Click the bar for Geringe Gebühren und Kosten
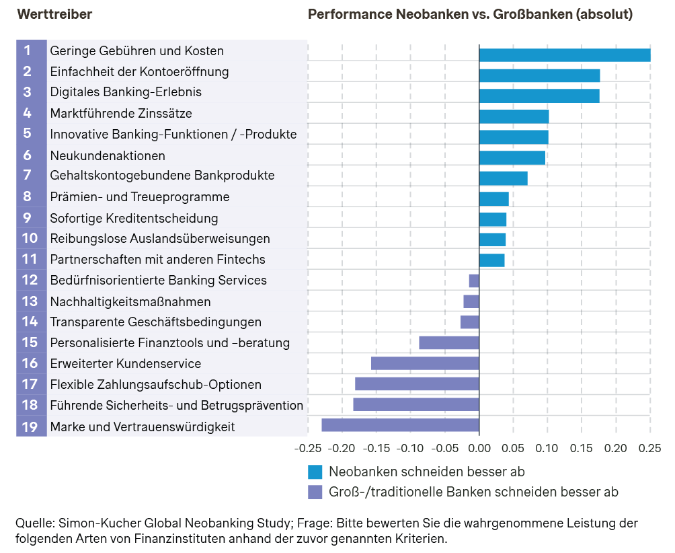[565, 55]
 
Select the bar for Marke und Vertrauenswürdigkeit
[400, 425]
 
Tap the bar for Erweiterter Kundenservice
[425, 363]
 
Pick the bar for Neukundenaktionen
[512, 157]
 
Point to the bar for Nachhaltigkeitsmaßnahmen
[471, 301]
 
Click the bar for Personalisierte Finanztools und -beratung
[449, 342]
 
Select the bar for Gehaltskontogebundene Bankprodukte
[503, 178]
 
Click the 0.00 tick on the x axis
[479, 448]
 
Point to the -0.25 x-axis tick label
[309, 448]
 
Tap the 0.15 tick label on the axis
[581, 448]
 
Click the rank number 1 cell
[28, 50]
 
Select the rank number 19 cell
[30, 427]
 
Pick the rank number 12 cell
[30, 281]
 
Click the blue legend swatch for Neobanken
[315, 471]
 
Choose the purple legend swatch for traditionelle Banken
[315, 492]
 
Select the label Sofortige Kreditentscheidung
[134, 218]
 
